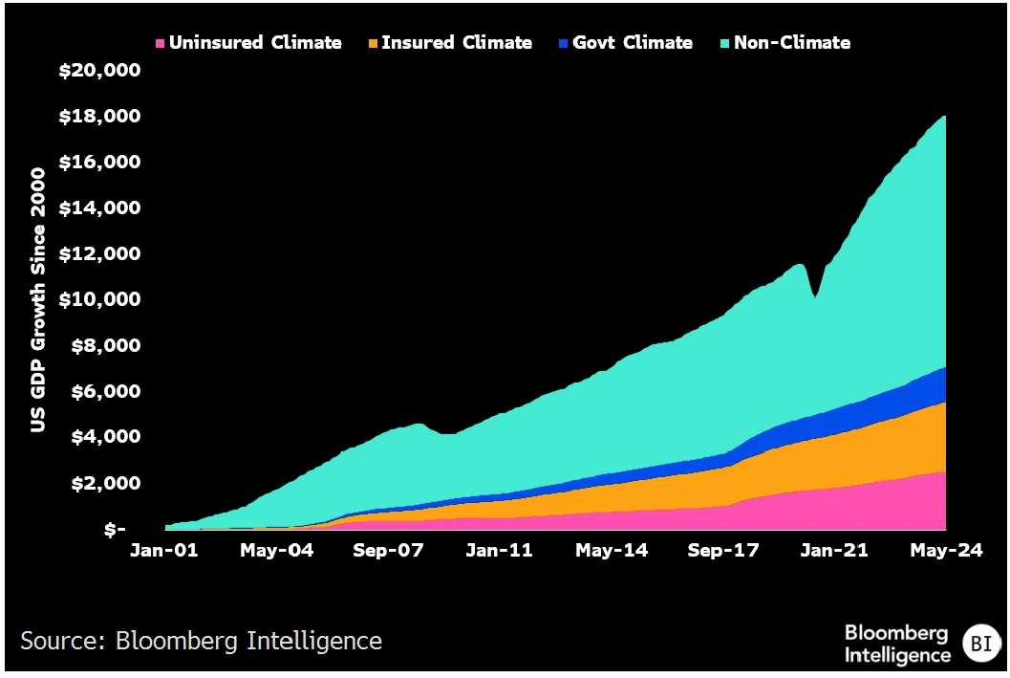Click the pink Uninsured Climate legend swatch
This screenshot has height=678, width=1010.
point(161,43)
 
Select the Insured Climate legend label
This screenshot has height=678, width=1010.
point(456,43)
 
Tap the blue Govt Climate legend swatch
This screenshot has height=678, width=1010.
point(564,43)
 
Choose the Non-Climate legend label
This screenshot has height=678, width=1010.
point(791,43)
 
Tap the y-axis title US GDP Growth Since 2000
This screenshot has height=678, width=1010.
point(38,299)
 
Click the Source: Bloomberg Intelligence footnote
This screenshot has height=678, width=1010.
point(201,641)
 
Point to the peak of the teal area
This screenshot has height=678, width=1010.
point(944,118)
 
